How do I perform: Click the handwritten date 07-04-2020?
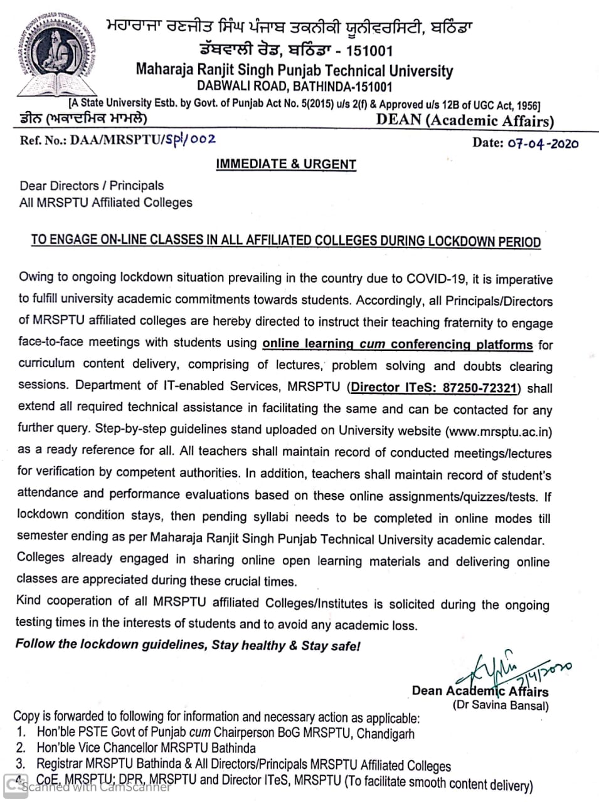click(x=543, y=143)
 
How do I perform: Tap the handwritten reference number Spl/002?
click(x=191, y=139)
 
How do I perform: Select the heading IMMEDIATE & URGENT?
click(x=286, y=164)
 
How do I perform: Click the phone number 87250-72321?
click(x=479, y=387)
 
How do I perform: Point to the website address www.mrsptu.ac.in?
click(x=499, y=431)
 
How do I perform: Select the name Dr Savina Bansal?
click(x=501, y=706)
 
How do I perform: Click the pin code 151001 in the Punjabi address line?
click(x=369, y=51)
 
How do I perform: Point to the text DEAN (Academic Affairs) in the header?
click(x=465, y=121)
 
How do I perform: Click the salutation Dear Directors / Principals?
click(x=92, y=185)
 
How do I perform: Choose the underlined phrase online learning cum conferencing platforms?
click(x=398, y=344)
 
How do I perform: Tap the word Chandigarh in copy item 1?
click(x=384, y=732)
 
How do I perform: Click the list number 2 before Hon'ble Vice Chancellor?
click(x=21, y=748)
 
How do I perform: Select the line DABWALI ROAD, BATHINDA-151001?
click(x=294, y=87)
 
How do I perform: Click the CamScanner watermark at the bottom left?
click(x=88, y=787)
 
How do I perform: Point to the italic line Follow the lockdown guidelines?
click(x=188, y=645)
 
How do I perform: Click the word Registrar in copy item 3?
click(x=59, y=764)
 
